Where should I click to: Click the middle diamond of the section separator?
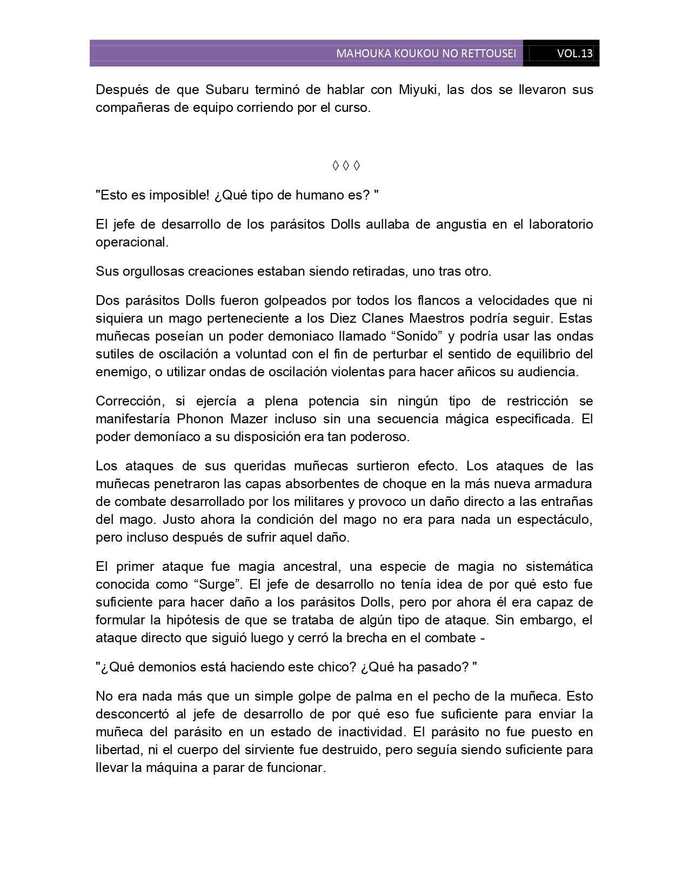click(x=346, y=165)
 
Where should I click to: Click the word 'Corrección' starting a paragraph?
click(x=129, y=401)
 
